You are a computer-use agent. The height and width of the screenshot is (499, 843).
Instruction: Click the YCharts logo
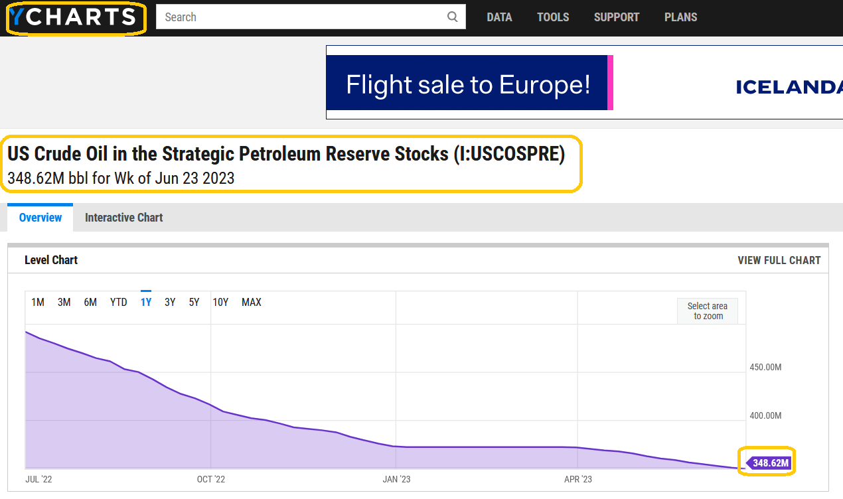73,17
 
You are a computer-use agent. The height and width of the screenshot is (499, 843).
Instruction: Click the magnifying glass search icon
452,17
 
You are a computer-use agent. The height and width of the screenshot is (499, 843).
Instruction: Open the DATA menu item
499,17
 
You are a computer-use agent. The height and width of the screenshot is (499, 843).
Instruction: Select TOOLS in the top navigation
553,17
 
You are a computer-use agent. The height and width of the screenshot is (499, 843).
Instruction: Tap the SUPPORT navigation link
617,17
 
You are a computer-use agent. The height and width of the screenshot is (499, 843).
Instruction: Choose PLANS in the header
681,17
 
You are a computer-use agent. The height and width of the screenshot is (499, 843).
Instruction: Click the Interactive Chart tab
124,218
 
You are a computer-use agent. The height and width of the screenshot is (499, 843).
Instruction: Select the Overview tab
40,218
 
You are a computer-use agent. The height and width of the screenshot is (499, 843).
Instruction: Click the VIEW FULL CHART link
779,260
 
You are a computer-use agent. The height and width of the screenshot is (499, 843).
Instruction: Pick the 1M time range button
38,302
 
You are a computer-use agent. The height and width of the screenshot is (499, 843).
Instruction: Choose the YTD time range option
119,302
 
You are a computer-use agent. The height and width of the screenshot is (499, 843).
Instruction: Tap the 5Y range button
194,302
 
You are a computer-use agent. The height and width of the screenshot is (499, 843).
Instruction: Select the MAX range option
252,302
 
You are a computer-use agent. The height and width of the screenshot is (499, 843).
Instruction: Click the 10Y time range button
220,302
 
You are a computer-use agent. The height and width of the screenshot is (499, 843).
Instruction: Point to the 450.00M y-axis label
765,368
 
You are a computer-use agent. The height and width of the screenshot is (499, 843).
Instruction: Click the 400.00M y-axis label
765,416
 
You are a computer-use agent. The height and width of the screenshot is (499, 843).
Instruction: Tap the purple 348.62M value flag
769,463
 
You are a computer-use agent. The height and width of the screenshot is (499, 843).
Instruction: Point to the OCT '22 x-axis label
211,480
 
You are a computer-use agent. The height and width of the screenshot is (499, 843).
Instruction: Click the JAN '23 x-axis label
396,480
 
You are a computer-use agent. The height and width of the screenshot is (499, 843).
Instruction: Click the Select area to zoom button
708,311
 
